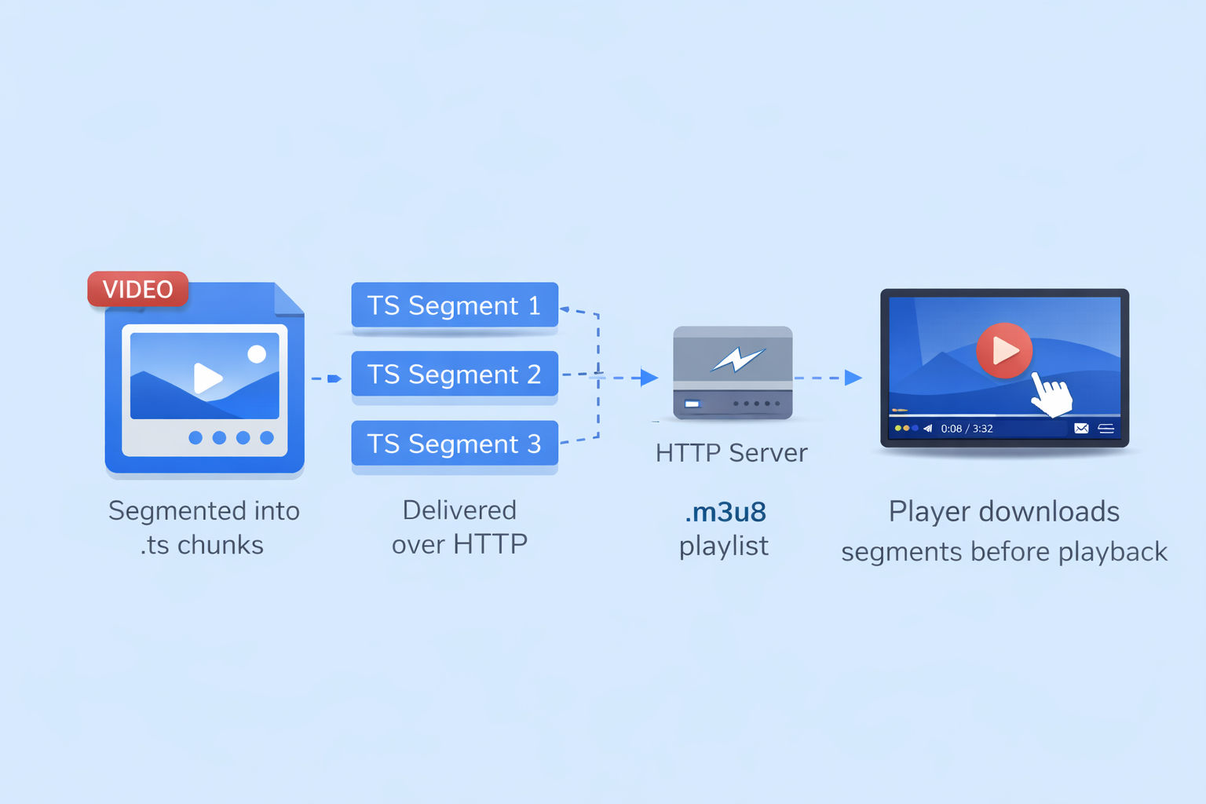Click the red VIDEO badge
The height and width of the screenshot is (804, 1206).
(x=138, y=289)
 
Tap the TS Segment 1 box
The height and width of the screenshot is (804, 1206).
(x=455, y=305)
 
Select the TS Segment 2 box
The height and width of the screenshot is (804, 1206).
(x=455, y=374)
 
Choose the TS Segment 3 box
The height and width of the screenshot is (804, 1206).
(x=455, y=444)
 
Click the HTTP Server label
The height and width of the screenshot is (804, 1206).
(x=731, y=453)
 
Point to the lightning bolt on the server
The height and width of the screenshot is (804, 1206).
(x=736, y=360)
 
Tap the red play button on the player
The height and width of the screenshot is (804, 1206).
(x=1003, y=350)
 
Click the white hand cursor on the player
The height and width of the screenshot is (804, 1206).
(x=1051, y=394)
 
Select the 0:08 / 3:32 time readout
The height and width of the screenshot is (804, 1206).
(x=967, y=429)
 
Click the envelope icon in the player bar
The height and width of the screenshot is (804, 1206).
(x=1081, y=429)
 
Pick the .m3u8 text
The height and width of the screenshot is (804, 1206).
(x=725, y=512)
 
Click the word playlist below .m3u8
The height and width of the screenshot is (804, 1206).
(x=723, y=546)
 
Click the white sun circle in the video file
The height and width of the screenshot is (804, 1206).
(x=257, y=354)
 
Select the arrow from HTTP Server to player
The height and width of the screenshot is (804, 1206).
(x=828, y=378)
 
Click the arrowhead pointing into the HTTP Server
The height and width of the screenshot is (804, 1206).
(x=649, y=378)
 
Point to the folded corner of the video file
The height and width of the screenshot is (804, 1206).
(x=289, y=298)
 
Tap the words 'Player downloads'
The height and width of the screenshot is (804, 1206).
(x=1003, y=512)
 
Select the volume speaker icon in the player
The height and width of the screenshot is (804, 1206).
(x=927, y=429)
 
